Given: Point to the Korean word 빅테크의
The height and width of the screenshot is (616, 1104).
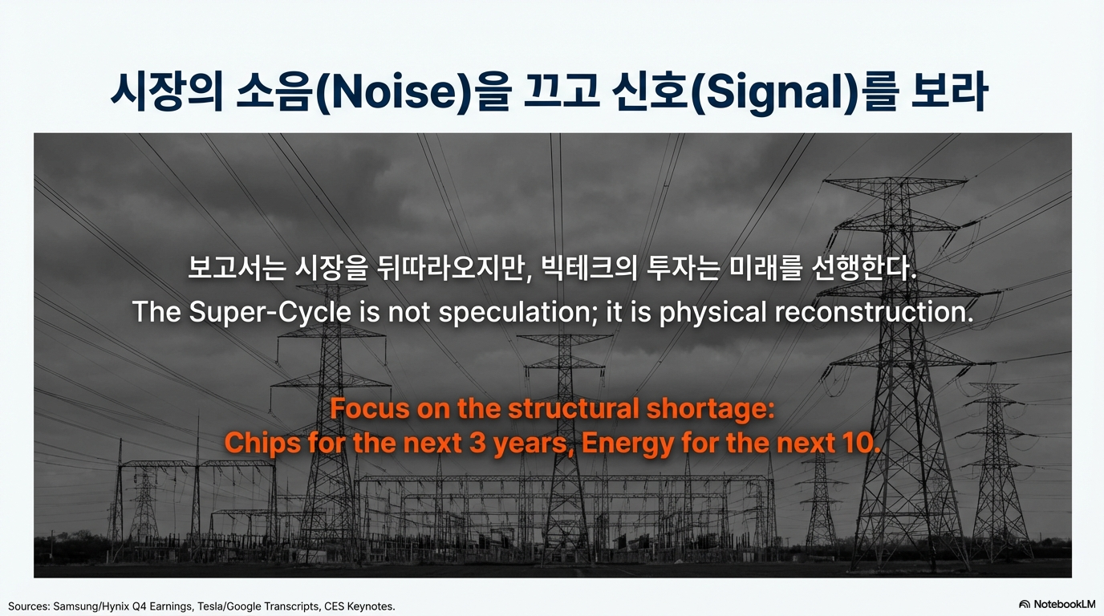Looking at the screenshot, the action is coord(589,269).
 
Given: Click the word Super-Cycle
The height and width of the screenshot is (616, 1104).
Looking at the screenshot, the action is coord(270,312).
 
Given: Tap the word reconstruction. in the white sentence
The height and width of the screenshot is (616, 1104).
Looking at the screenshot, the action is coord(874,312).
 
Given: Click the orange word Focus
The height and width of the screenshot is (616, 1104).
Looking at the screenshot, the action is coord(370,408).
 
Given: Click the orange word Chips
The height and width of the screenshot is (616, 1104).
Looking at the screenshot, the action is coord(262,443).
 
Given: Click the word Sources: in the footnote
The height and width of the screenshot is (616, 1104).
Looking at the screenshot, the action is coord(29,606).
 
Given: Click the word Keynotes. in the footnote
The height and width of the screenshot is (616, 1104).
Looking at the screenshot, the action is coord(371,606).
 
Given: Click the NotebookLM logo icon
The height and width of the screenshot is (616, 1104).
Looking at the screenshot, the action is coord(1024,604).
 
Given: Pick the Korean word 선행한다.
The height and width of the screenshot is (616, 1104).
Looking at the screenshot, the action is coord(864,269).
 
